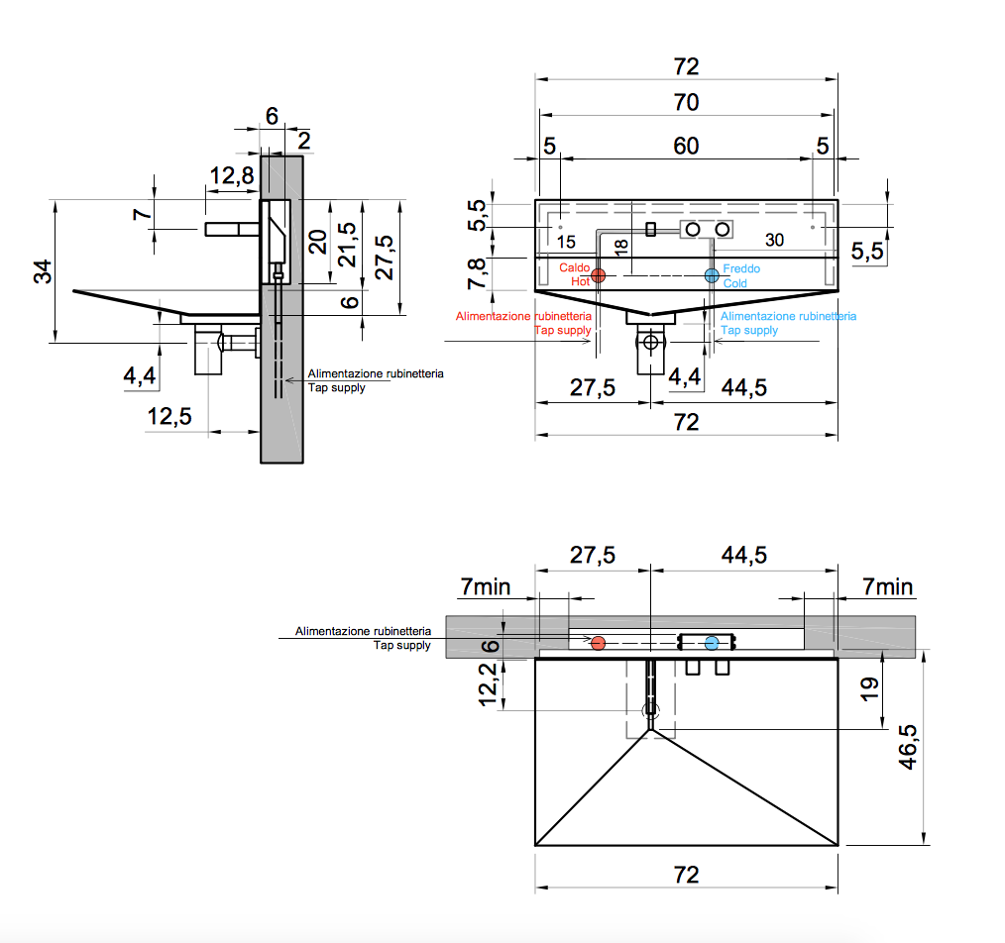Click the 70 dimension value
tap(686, 102)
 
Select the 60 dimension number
tap(686, 146)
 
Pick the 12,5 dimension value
tap(168, 416)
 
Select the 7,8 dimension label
tap(477, 273)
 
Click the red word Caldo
tap(575, 268)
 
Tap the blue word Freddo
tap(742, 268)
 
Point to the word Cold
tap(735, 283)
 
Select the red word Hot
tap(581, 282)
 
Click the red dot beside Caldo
tap(599, 275)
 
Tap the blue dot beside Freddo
tap(712, 275)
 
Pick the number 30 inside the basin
tap(774, 241)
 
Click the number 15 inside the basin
tap(566, 242)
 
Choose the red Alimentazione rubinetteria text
tap(523, 316)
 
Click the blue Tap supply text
tap(750, 330)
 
